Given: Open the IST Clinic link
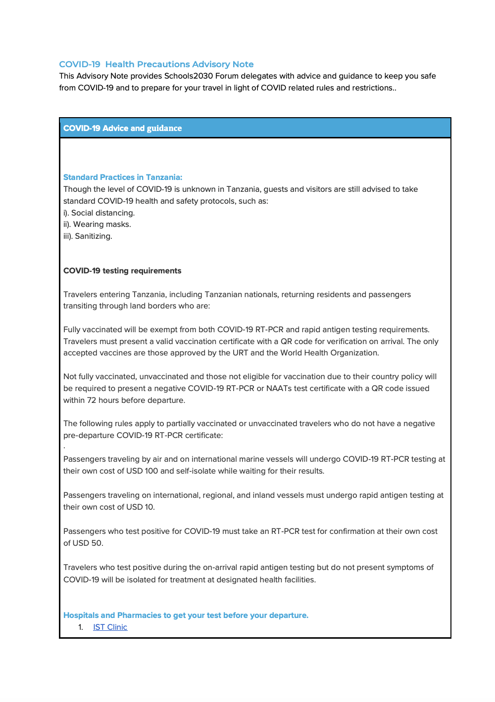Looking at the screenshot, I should point(110,627).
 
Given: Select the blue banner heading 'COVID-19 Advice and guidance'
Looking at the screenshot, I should point(122,128).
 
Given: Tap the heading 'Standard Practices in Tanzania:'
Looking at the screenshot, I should point(123,177).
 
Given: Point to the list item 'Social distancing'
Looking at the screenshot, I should point(102,213).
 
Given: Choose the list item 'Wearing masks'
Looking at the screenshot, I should point(101,224).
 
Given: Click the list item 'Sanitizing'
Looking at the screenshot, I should point(93,236).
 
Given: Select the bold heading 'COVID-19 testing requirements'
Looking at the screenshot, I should point(122,270).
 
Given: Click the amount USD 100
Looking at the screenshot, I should point(142,471).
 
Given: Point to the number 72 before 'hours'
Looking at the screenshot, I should point(92,400).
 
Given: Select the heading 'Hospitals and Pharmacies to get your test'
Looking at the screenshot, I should point(186,615).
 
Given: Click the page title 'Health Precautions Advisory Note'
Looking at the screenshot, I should point(179,64).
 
